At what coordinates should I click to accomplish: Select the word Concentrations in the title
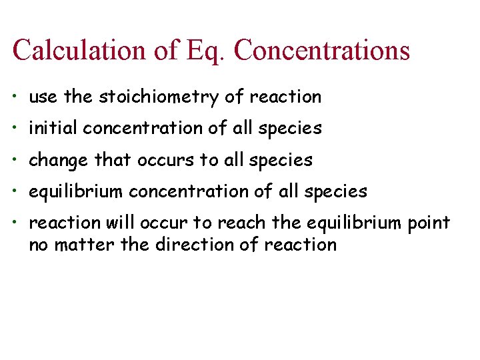click(x=322, y=51)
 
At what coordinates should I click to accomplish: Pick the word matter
click(x=79, y=245)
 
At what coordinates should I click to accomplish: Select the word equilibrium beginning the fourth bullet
click(x=76, y=192)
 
